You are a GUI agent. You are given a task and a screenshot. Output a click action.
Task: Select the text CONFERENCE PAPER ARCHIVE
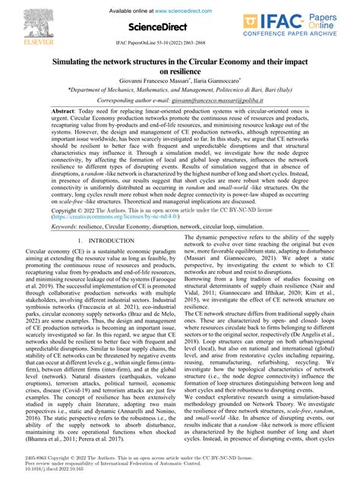coord(308,34)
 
